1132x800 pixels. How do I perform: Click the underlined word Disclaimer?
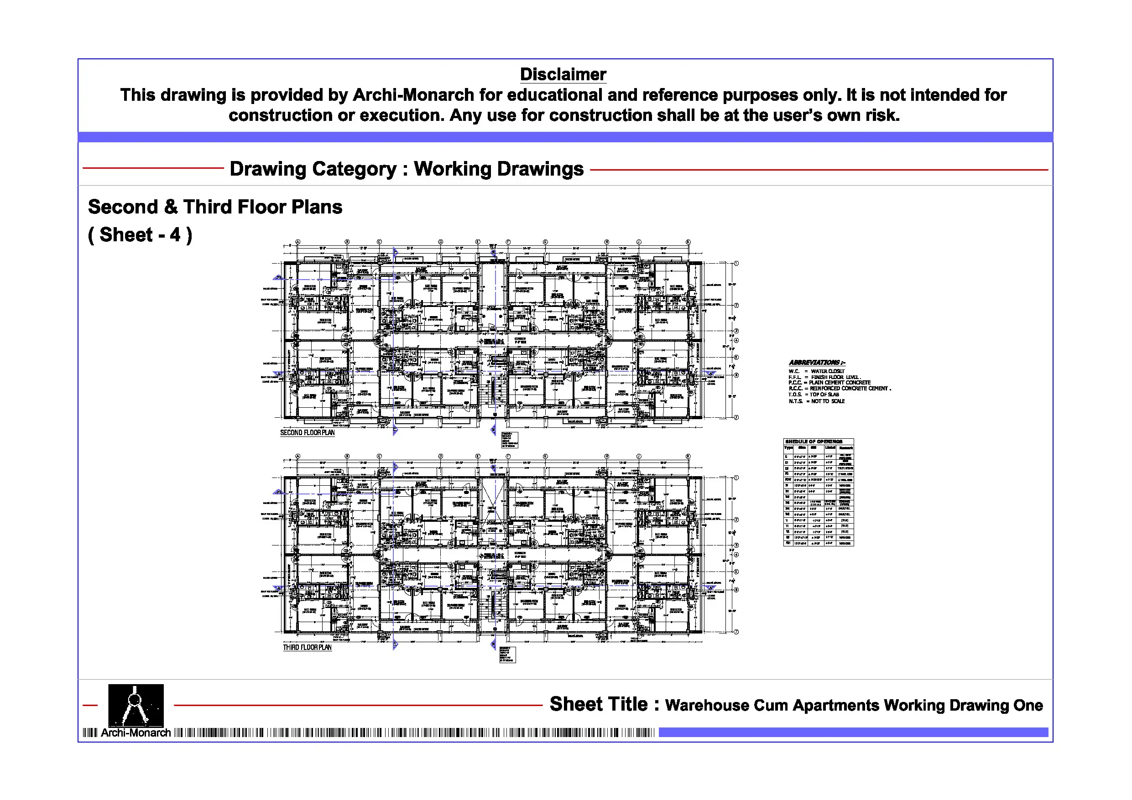[x=563, y=74]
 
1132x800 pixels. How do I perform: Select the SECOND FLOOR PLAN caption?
[x=307, y=433]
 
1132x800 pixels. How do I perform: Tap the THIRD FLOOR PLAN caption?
[x=307, y=647]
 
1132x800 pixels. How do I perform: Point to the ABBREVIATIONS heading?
[x=816, y=362]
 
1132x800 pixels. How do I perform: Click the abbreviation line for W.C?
[x=816, y=371]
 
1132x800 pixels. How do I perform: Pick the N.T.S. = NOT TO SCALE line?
[x=816, y=401]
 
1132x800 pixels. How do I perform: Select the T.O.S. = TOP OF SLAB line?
[x=814, y=395]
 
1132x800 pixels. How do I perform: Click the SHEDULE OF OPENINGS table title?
[x=814, y=442]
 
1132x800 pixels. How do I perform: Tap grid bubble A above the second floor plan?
[x=298, y=242]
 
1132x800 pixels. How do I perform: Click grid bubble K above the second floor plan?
[x=688, y=242]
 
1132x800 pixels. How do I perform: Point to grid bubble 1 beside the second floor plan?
[x=736, y=263]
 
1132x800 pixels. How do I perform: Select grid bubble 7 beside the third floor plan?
[x=736, y=632]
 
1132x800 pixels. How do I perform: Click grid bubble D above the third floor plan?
[x=441, y=457]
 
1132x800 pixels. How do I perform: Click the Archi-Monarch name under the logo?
[x=136, y=733]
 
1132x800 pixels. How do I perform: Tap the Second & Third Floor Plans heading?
[x=215, y=207]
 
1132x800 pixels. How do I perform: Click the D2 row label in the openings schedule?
[x=788, y=468]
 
